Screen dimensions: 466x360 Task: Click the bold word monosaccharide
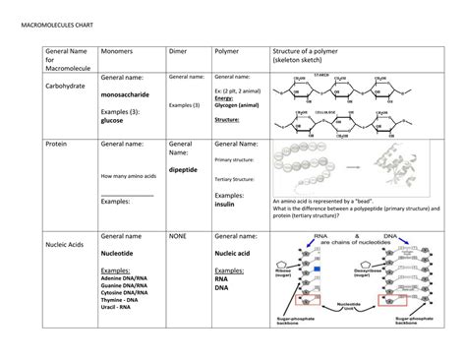[129, 95]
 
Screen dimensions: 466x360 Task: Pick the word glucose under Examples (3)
[112, 122]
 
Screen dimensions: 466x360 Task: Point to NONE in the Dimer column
[178, 236]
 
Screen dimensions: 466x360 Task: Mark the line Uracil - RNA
[117, 308]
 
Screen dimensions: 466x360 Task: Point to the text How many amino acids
[126, 175]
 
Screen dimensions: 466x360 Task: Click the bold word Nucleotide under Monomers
[123, 253]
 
